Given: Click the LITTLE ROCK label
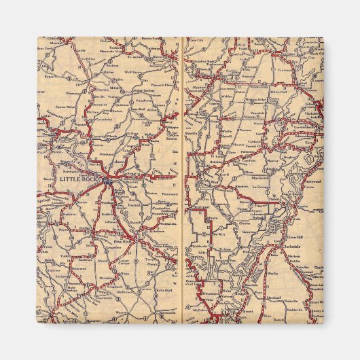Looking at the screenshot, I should coord(80,181).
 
